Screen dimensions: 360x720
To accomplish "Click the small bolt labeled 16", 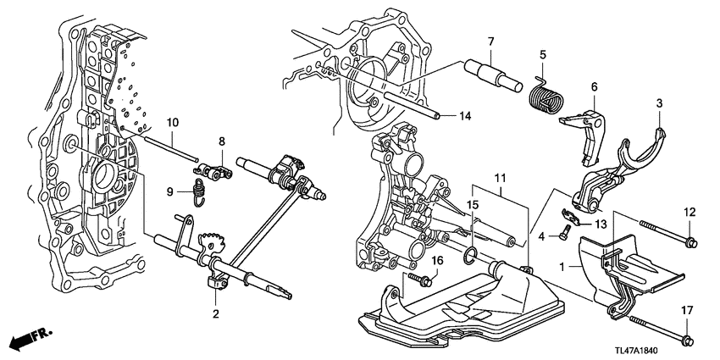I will pos(416,277).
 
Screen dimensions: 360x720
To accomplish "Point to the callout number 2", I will pos(216,314).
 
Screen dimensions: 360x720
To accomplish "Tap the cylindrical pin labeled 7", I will pos(493,74).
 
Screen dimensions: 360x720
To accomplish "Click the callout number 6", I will pos(594,86).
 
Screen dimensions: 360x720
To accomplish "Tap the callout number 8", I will pos(221,142).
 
